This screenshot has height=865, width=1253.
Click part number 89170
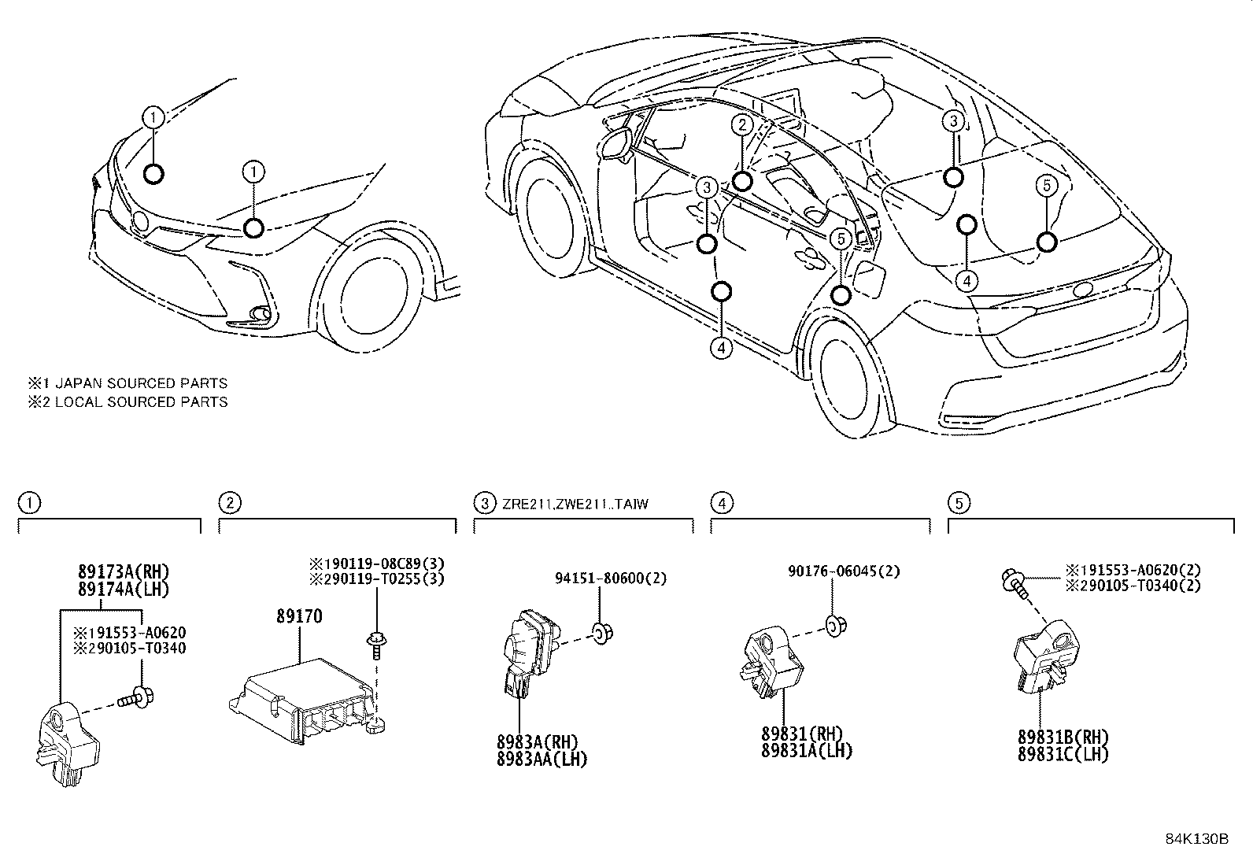(298, 615)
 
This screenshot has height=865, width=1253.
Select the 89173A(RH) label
(123, 572)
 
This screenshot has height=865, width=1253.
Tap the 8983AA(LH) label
(541, 759)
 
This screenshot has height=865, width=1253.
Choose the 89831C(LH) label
(1063, 754)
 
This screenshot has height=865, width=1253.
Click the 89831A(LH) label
(807, 751)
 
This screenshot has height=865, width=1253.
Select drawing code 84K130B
(1196, 838)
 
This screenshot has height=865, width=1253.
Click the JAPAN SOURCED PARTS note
(128, 383)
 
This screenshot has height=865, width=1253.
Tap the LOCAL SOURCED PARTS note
(128, 402)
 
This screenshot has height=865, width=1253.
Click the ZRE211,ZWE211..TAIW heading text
(575, 504)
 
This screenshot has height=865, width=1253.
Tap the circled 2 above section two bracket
(229, 503)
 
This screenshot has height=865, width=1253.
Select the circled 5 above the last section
(959, 503)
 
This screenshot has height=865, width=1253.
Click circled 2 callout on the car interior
(741, 124)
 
